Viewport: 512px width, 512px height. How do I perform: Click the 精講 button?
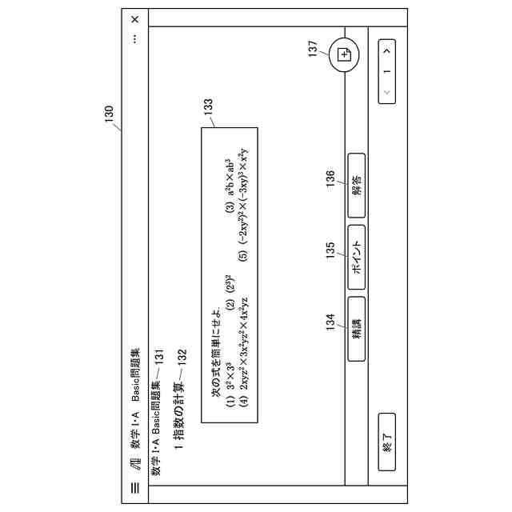pyautogui.click(x=357, y=319)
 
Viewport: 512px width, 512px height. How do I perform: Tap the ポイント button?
pyautogui.click(x=357, y=252)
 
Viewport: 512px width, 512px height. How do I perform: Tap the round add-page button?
pyautogui.click(x=345, y=54)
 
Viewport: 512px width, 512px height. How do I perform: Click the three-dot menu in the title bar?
pyautogui.click(x=134, y=38)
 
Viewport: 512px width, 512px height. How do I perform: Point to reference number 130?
pyautogui.click(x=110, y=117)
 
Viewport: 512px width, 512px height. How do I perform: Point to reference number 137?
pyautogui.click(x=313, y=48)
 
